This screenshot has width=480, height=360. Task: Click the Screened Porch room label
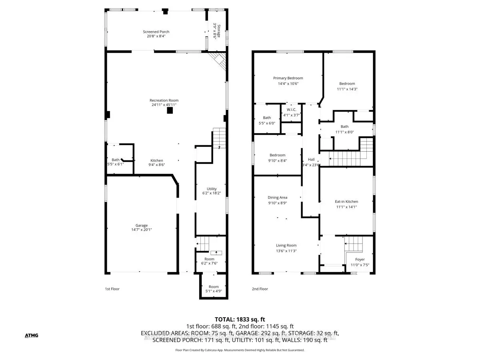(156, 32)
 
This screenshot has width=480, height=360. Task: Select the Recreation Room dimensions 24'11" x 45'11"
(164, 105)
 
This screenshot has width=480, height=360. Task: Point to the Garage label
(141, 225)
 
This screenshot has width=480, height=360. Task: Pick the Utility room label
(212, 189)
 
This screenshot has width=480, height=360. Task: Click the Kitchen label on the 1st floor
(156, 160)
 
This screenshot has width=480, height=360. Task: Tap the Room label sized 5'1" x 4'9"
(214, 286)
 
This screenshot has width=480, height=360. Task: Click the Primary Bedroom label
(288, 78)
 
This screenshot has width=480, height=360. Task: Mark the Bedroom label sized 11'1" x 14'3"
(347, 84)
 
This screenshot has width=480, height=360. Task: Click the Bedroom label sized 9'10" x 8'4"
(277, 155)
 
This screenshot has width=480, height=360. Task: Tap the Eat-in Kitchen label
(346, 202)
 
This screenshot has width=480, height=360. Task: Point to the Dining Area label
(278, 198)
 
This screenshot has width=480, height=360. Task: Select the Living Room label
(286, 246)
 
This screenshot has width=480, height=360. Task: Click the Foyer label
(360, 260)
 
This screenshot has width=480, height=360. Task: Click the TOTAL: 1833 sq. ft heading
(240, 319)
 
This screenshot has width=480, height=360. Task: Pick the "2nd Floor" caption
(260, 289)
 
